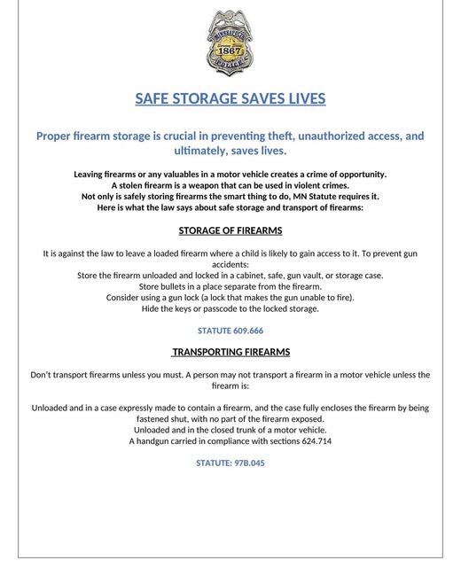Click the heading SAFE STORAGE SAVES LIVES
[x=230, y=98]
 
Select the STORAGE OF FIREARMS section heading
[x=230, y=230]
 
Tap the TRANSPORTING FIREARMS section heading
[x=230, y=353]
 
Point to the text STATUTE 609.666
[x=230, y=331]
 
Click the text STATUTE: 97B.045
[x=230, y=463]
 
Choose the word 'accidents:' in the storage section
[x=230, y=264]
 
